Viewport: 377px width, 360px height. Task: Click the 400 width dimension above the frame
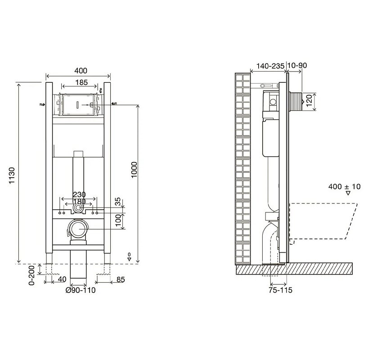click(81, 71)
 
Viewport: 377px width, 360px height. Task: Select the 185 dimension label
click(81, 82)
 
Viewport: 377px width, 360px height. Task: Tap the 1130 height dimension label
click(12, 175)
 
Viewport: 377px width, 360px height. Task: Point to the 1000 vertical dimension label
click(134, 170)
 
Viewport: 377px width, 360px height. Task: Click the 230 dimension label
click(79, 194)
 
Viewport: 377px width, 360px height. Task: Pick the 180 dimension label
click(79, 202)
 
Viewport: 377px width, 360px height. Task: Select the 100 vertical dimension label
click(118, 220)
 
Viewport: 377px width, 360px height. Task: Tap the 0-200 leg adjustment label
click(32, 274)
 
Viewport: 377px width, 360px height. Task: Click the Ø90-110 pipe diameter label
click(81, 290)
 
